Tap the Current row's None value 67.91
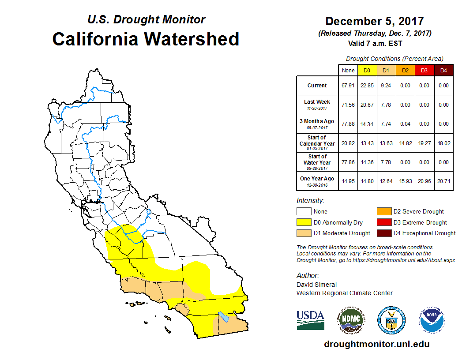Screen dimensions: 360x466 (348, 86)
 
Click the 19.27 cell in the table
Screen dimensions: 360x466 (424, 143)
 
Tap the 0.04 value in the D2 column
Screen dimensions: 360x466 (405, 124)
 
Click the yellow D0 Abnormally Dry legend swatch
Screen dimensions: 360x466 (304, 222)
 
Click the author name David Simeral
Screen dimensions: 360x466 (316, 285)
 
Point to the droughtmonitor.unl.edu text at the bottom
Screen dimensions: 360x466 (376, 344)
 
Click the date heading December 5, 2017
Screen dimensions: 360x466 (375, 21)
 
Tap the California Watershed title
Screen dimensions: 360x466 (146, 39)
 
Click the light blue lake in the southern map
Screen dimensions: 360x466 (223, 317)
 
